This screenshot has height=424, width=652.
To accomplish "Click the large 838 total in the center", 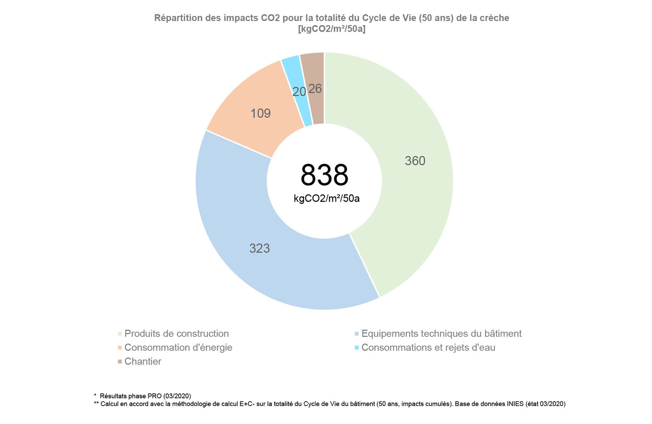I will [324, 175].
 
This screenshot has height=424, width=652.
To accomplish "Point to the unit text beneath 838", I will [327, 198].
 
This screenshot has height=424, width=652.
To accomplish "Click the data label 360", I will [415, 161].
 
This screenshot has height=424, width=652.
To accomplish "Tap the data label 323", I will [260, 248].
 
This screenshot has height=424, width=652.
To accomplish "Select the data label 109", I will [260, 114].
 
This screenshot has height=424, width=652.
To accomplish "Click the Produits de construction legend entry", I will [177, 334].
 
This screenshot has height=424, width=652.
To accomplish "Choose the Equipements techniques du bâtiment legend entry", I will [441, 334].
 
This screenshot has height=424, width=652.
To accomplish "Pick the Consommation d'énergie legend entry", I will [178, 348].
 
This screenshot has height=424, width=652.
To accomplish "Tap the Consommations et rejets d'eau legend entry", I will [428, 348].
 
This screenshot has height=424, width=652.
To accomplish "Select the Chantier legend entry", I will [143, 362].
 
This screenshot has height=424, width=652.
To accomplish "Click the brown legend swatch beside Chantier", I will [119, 362].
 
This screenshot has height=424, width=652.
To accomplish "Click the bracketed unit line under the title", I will [332, 29].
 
